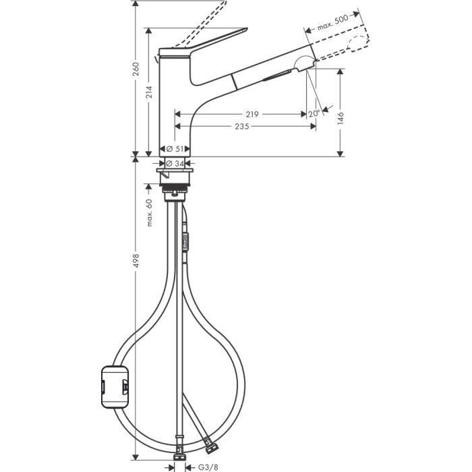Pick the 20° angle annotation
pyautogui.click(x=314, y=114)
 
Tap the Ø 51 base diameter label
pyautogui.click(x=175, y=148)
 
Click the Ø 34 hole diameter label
pyautogui.click(x=175, y=163)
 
